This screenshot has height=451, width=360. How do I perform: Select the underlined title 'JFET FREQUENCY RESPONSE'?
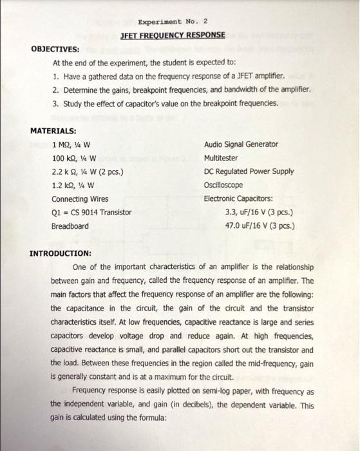click(173, 35)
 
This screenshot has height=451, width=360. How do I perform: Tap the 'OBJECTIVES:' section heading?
click(55, 49)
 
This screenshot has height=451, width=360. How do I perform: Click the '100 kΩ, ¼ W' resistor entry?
click(74, 158)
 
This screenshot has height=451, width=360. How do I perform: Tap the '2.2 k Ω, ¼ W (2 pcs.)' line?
click(88, 171)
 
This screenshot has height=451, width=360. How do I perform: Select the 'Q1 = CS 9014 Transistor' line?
click(91, 212)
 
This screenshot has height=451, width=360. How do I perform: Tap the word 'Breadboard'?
click(70, 226)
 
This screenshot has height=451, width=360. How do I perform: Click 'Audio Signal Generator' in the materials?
click(241, 144)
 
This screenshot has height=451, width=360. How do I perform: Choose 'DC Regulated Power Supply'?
click(249, 171)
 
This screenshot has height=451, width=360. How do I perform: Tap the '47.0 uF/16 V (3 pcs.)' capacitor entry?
click(260, 226)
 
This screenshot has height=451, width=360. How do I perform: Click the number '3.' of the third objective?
click(57, 102)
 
